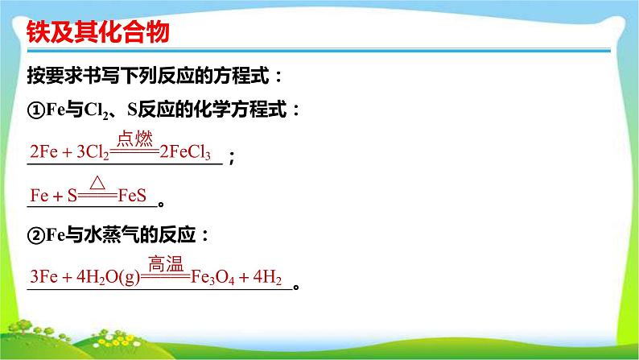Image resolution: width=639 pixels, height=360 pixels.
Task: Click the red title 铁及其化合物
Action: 98,31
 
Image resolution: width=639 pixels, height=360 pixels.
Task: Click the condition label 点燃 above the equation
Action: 134,139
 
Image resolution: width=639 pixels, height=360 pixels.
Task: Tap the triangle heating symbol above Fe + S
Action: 97,183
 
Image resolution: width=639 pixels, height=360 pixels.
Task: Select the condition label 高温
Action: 166,263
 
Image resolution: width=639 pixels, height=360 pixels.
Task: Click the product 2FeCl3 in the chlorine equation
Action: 185,152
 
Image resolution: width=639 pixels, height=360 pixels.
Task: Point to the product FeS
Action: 132,196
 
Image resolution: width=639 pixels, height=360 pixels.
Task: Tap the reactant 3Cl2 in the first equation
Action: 93,152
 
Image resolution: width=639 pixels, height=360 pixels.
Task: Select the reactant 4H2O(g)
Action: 109,277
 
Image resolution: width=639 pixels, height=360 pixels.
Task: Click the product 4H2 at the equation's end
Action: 267,277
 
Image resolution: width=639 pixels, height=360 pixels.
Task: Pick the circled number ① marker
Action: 36,110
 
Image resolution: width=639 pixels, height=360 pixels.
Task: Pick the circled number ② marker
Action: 36,235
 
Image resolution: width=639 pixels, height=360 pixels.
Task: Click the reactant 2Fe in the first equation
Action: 43,152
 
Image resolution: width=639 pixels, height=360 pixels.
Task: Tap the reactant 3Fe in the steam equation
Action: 43,277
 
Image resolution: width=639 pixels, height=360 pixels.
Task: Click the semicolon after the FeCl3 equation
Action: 232,157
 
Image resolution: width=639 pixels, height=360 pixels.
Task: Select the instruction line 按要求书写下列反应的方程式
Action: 148,76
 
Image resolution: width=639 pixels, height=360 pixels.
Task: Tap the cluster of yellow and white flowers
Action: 116,339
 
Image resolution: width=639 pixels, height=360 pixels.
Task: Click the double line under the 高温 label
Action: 166,277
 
